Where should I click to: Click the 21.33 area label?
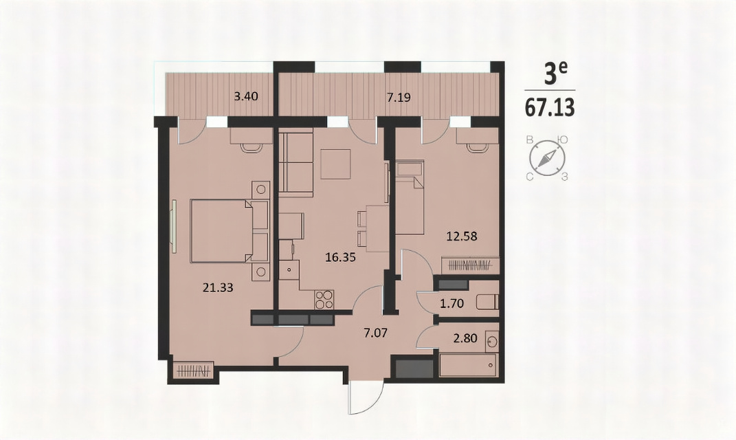click(218, 287)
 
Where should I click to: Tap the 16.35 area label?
click(340, 257)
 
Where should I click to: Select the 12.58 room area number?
click(462, 236)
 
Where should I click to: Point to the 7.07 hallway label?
click(376, 333)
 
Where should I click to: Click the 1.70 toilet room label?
click(451, 303)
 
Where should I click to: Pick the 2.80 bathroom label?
click(465, 338)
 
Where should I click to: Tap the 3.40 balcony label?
click(246, 97)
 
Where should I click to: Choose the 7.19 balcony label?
click(399, 98)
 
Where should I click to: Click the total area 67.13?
click(550, 108)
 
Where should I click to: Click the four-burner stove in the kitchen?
click(324, 299)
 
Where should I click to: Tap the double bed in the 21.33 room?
click(229, 230)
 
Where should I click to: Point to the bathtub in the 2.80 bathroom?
click(468, 365)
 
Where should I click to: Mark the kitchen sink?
click(289, 270)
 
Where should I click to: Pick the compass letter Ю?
click(563, 140)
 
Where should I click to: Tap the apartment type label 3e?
click(555, 75)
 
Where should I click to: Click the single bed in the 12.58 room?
click(410, 197)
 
